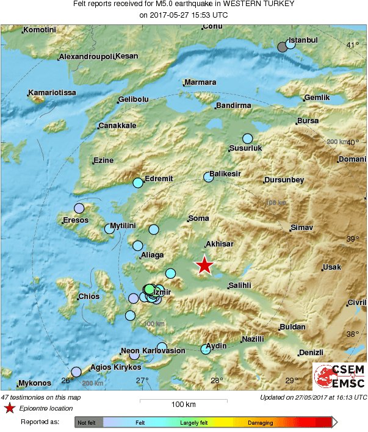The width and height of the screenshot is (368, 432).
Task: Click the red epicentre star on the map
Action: point(204,265)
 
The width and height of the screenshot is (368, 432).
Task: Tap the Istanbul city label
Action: point(303,40)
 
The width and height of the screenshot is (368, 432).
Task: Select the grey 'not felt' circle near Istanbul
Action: point(282,47)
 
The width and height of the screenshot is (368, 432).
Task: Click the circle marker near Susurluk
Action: point(248,139)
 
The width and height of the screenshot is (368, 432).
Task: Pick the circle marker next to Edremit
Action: point(139,182)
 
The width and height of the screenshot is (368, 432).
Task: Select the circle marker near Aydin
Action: point(206,350)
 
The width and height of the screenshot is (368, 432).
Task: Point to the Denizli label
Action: point(311,353)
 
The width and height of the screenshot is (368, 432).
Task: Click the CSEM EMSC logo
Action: point(339,376)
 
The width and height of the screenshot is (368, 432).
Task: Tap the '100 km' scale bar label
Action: point(183,405)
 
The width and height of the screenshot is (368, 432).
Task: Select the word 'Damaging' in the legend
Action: point(261,422)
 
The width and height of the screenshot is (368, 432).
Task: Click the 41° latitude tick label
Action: point(353,45)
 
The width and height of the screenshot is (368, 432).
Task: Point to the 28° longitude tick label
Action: point(217,381)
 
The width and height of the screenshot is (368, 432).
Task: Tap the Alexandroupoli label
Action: point(87,57)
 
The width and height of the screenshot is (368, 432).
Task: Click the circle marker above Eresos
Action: point(79,207)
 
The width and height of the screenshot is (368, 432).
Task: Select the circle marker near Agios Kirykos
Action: point(76,372)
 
